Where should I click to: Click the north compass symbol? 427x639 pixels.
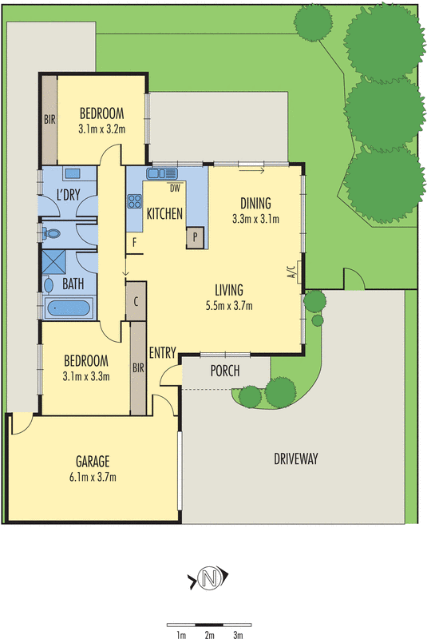click(x=211, y=577)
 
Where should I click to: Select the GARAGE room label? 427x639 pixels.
click(x=93, y=461)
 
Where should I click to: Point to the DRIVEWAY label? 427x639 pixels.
click(x=296, y=458)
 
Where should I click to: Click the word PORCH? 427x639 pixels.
click(x=226, y=370)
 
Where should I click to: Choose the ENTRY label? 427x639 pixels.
click(x=162, y=352)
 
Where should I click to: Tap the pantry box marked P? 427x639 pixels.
click(x=195, y=237)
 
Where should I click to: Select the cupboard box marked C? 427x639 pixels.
click(x=136, y=301)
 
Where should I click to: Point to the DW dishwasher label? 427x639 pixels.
click(x=173, y=189)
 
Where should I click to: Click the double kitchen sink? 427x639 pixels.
click(x=164, y=173)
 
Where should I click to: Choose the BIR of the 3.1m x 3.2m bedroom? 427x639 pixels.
click(x=49, y=121)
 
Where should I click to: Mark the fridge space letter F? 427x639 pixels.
click(x=135, y=240)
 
